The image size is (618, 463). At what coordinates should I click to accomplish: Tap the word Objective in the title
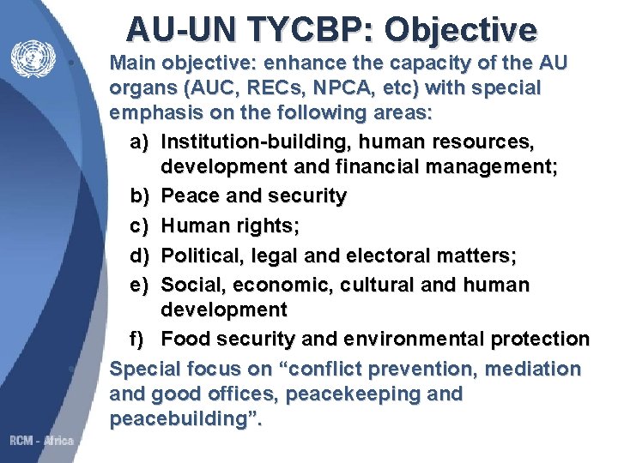click(461, 28)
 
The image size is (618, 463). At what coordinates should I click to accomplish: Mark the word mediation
click(532, 369)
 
